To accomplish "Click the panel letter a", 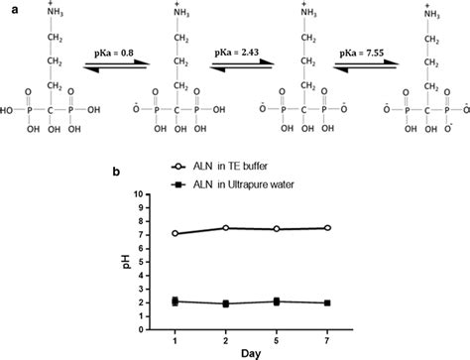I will click(x=8, y=8).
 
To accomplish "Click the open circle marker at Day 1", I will click(x=148, y=234).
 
